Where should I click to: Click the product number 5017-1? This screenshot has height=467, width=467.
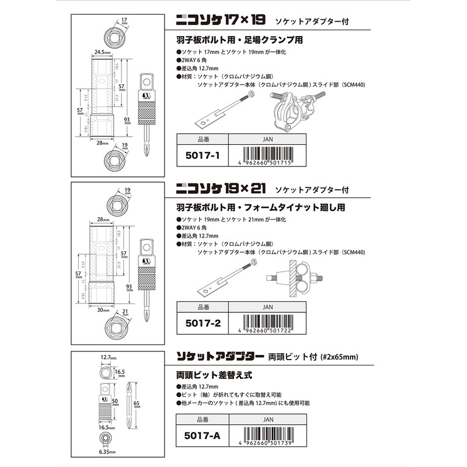click(x=201, y=156)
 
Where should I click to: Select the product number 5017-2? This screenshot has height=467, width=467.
click(x=201, y=322)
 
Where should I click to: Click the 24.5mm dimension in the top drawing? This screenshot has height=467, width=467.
click(x=103, y=51)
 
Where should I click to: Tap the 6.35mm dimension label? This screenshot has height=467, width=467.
click(x=106, y=452)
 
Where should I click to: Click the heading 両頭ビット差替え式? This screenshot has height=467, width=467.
click(x=207, y=375)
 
